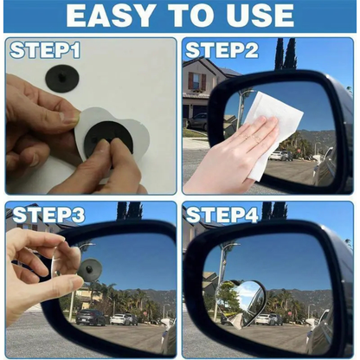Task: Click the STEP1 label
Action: [45, 50]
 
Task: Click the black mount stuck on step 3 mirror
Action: [89, 252]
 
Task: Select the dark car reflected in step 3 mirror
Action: [91, 318]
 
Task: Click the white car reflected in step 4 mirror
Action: [295, 318]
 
